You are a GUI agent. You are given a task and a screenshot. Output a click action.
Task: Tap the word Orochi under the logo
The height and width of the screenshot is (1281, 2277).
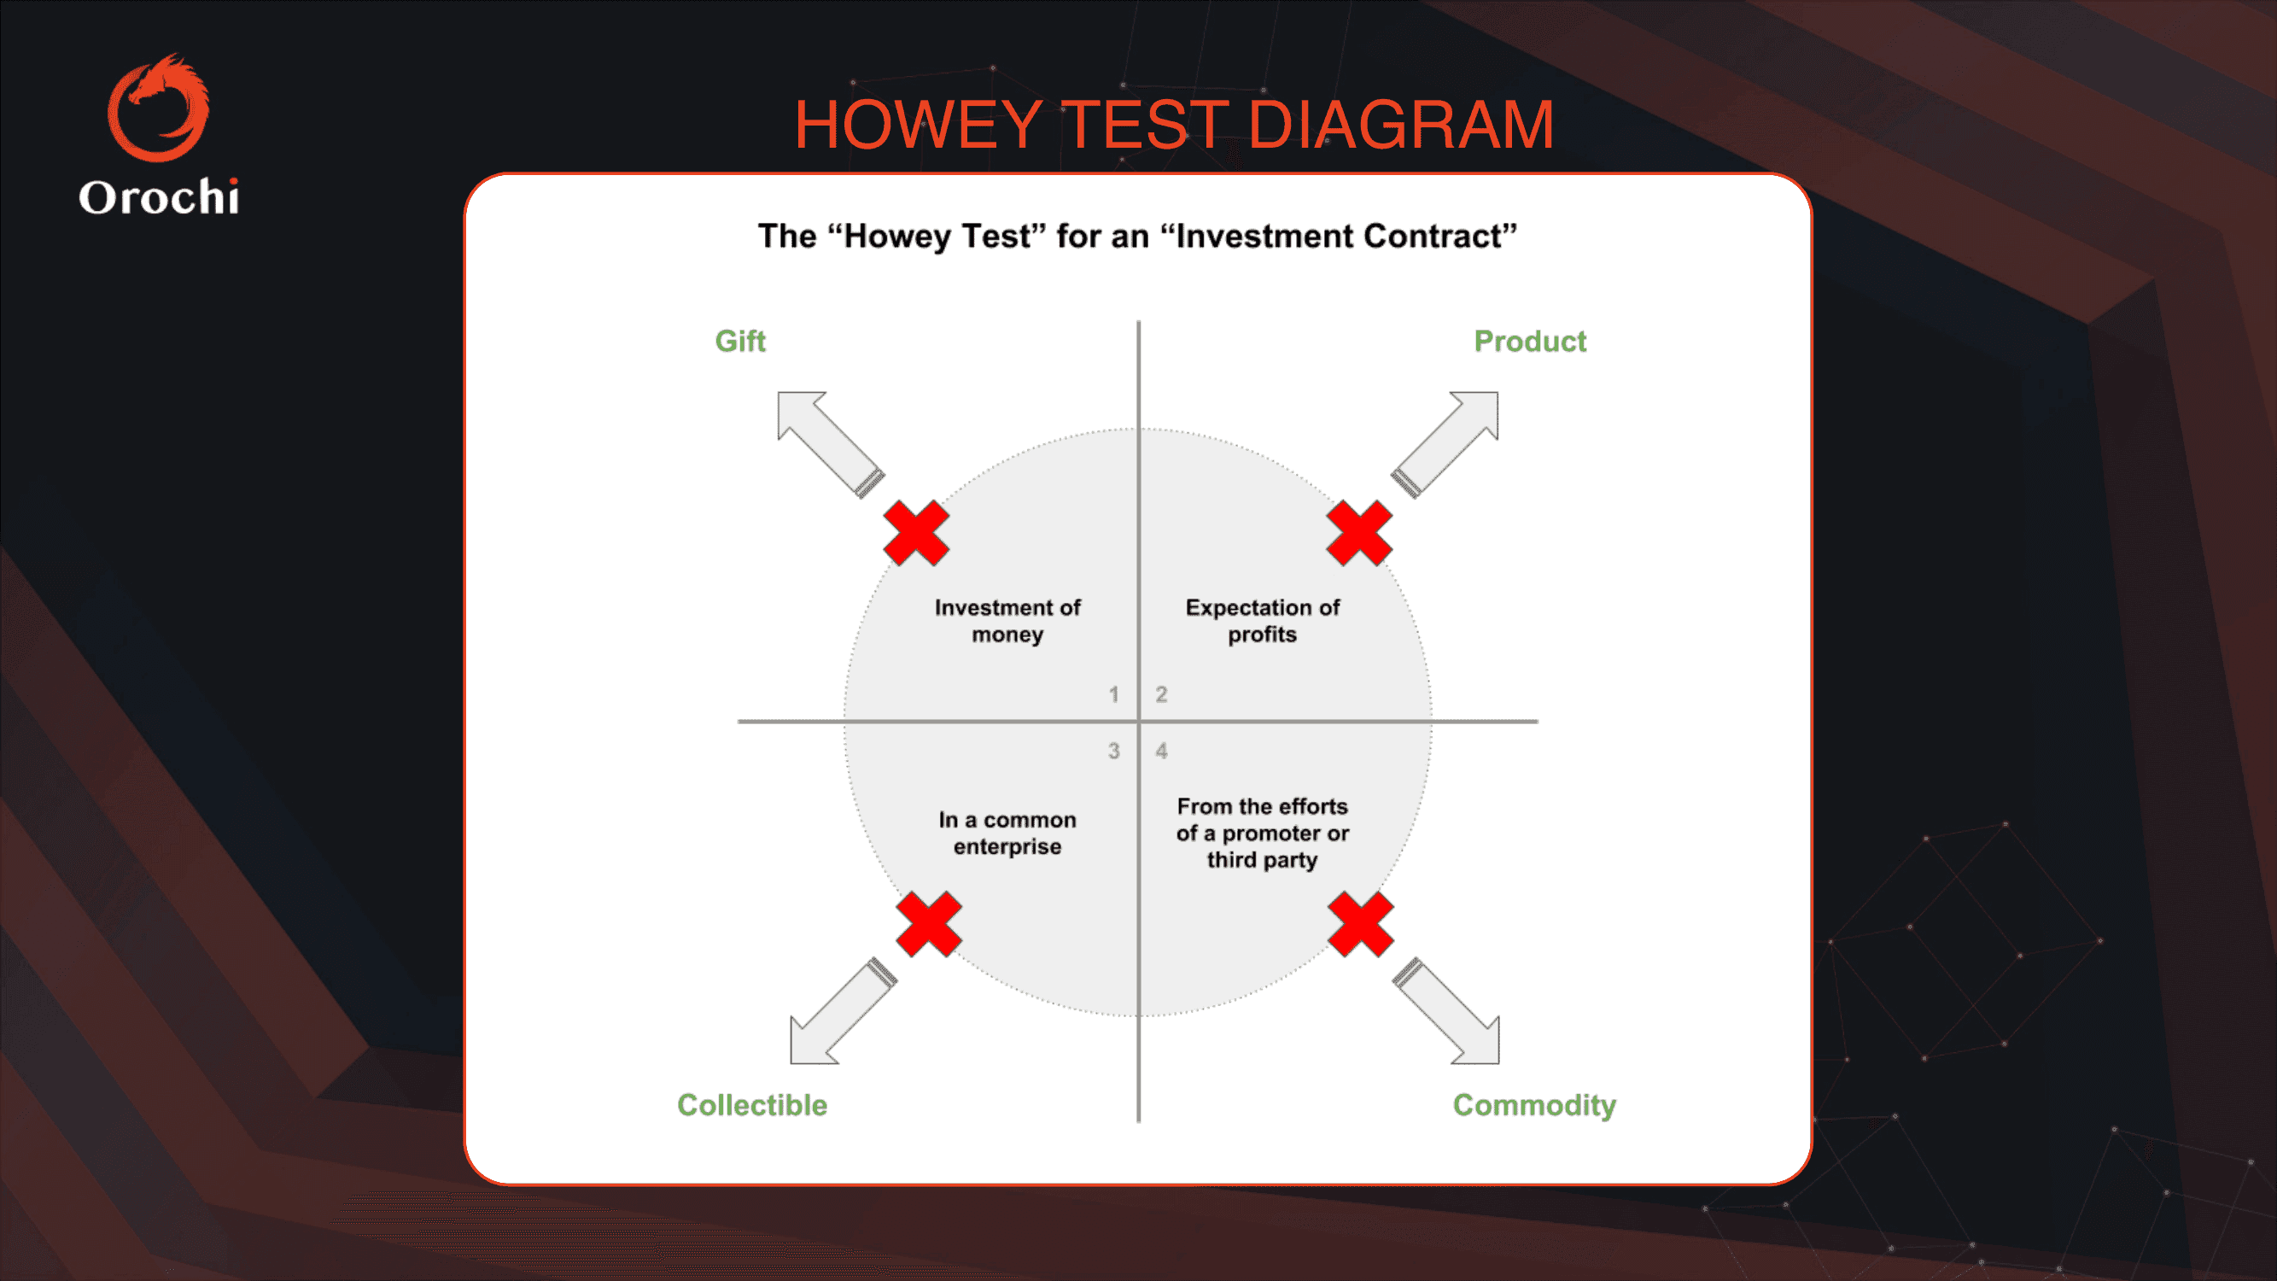(159, 196)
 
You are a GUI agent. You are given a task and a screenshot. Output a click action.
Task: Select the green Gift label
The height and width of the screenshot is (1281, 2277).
(741, 342)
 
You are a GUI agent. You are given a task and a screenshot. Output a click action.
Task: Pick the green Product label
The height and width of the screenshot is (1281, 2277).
(1530, 342)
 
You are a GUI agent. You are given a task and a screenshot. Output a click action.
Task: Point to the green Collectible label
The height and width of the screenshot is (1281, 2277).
(752, 1105)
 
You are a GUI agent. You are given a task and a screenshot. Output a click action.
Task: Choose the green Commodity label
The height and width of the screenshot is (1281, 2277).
(1534, 1105)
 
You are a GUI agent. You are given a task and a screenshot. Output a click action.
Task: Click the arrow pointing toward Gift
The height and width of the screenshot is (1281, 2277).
(830, 444)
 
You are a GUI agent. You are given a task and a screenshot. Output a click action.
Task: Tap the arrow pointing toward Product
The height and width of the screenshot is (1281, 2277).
(1445, 444)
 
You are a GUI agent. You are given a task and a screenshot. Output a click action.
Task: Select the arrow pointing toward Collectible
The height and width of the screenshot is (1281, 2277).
(844, 1010)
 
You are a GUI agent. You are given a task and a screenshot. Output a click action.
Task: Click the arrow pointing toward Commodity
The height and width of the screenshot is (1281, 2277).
(1446, 1010)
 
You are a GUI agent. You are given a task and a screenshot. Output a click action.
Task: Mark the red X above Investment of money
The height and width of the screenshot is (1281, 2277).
(917, 533)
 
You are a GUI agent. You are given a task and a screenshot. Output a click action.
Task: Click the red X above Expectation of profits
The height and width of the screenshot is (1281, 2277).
(1359, 533)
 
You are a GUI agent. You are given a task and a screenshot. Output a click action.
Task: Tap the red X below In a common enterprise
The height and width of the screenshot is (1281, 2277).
(929, 924)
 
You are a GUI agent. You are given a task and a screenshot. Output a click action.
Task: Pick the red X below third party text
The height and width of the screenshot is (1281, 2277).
(1361, 924)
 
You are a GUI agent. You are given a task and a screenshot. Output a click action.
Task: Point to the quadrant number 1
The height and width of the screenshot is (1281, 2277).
(1114, 695)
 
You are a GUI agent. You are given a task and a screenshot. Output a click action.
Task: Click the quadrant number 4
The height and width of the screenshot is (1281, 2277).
(1161, 752)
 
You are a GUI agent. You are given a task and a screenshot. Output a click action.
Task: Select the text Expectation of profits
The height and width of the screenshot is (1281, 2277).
(1262, 621)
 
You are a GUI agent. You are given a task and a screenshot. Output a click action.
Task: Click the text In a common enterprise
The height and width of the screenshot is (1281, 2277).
(1007, 833)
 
